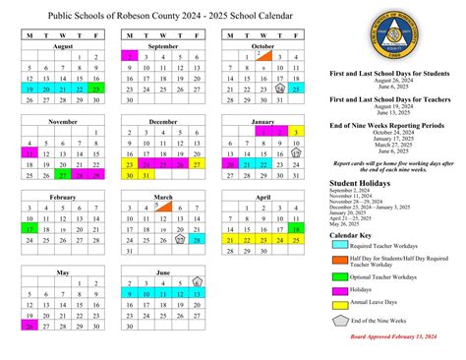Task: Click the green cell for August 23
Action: [96, 88]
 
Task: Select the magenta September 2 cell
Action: [129, 57]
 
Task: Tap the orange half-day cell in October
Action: [263, 57]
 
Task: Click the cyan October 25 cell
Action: [297, 88]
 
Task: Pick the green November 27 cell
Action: [63, 174]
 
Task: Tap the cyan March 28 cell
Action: [197, 239]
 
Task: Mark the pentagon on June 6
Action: [197, 280]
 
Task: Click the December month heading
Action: [163, 121]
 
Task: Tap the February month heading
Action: [63, 197]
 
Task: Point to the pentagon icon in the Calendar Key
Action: [340, 322]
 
